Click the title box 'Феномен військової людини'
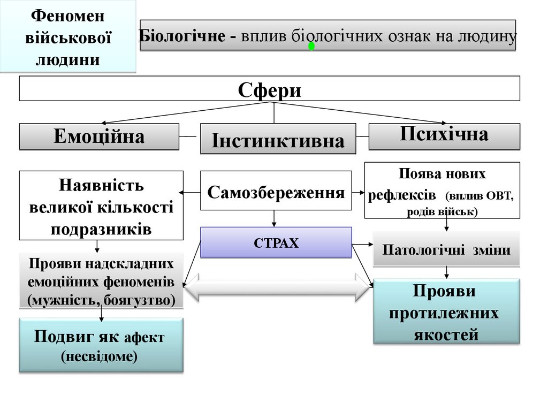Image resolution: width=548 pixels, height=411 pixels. [x=67, y=36]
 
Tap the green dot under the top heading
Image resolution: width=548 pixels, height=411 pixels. [x=311, y=47]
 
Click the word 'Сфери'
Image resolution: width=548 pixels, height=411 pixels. [x=269, y=89]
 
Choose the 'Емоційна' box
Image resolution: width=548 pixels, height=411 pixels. [x=99, y=136]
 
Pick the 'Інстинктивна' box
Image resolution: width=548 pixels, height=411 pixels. [x=278, y=140]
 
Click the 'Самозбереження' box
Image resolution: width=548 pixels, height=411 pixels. [x=276, y=191]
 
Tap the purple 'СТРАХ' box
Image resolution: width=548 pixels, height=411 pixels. [x=276, y=242]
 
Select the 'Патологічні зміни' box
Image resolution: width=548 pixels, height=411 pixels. [x=446, y=249]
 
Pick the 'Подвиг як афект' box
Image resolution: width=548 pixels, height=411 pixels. [x=101, y=345]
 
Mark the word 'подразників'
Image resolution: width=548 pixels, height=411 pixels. [x=101, y=229]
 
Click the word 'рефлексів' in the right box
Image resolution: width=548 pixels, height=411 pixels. [x=402, y=195]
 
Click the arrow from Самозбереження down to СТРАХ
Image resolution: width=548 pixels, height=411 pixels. [x=275, y=218]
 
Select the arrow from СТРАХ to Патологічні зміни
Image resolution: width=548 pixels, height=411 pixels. [x=362, y=245]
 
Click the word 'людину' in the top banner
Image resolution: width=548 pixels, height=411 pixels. [x=486, y=36]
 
